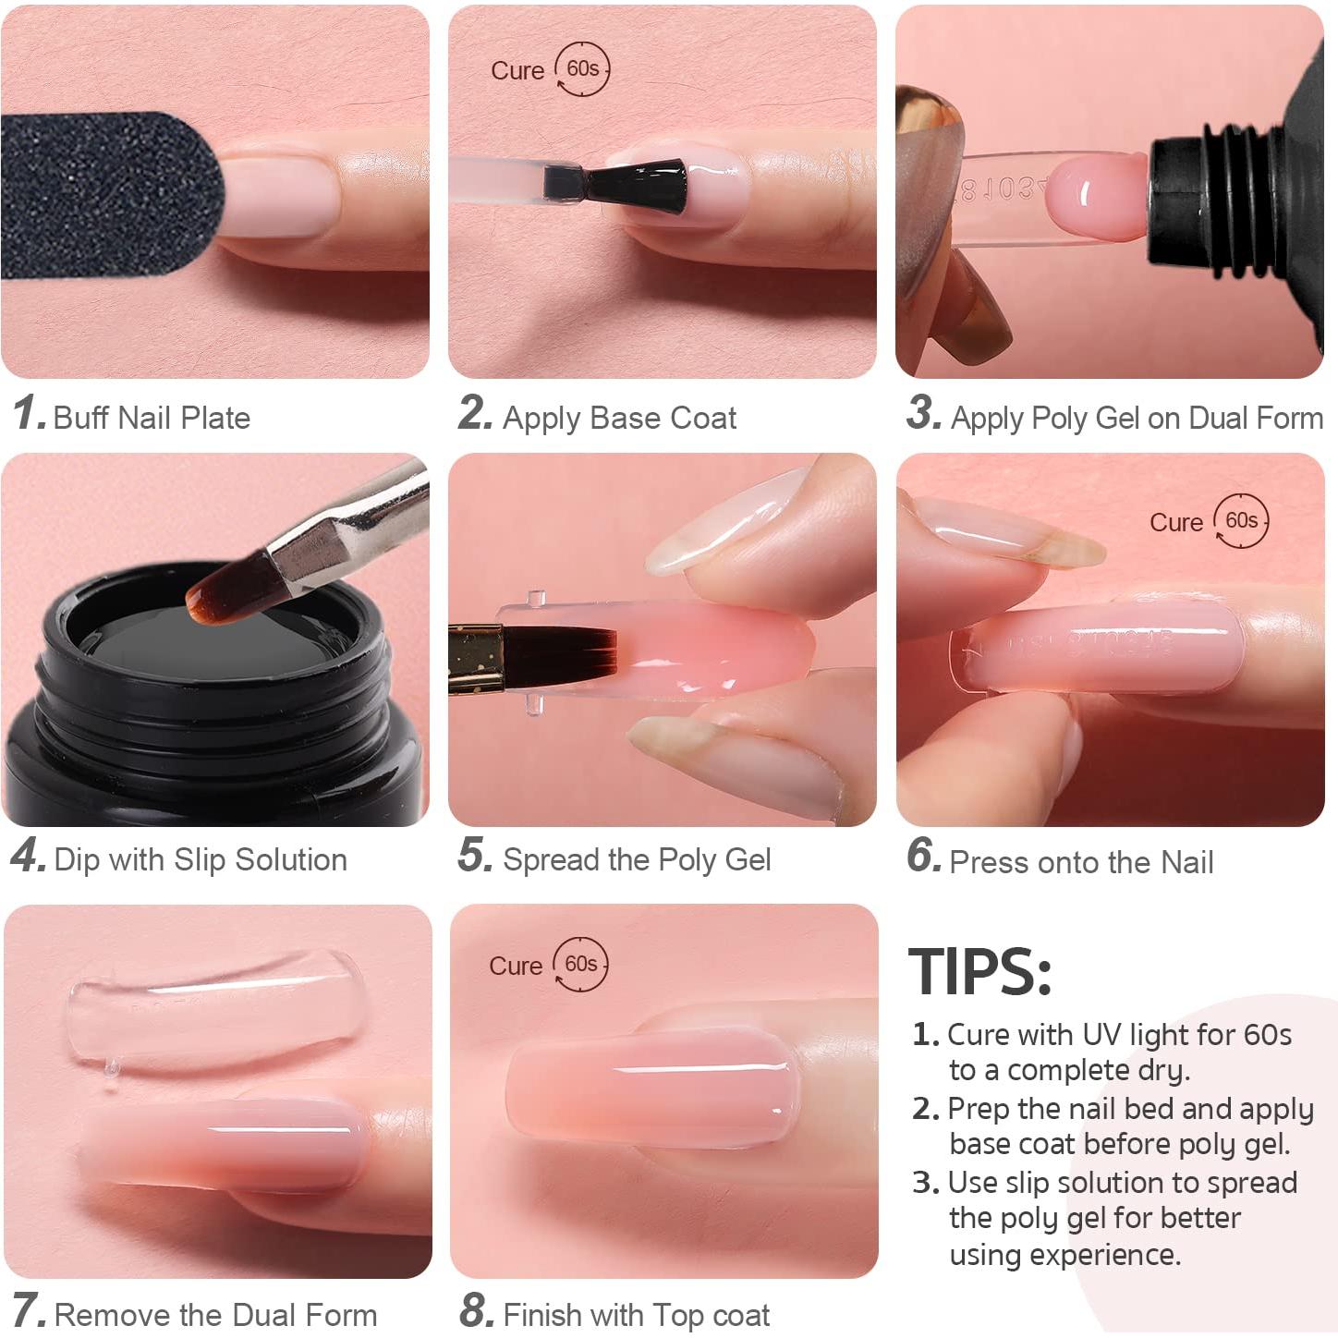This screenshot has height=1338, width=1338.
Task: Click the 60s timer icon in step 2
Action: coord(582,69)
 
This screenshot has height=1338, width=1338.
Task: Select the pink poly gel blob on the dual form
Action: coord(1097,196)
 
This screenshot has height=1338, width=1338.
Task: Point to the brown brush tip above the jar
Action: coord(227,588)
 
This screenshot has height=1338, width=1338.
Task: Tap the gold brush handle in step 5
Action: coord(476,658)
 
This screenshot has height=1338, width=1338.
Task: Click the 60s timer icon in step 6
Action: coord(1241,521)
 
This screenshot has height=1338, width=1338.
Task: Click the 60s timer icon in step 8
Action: coord(580,965)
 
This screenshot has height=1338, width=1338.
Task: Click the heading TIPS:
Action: coord(979,972)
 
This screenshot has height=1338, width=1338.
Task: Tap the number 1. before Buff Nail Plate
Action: coord(29,413)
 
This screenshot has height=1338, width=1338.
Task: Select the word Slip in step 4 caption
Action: coord(200,860)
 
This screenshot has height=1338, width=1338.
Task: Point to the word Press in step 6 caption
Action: coord(990,863)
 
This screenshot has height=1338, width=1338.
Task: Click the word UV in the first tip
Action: coord(1101,1035)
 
